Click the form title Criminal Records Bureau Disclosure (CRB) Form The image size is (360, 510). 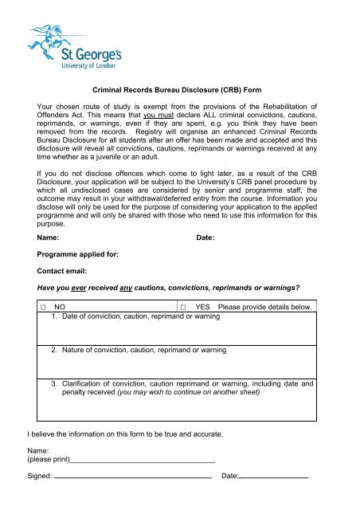pos(179,92)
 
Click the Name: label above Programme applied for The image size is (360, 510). pos(47,237)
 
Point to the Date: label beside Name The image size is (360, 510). pos(206,237)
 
